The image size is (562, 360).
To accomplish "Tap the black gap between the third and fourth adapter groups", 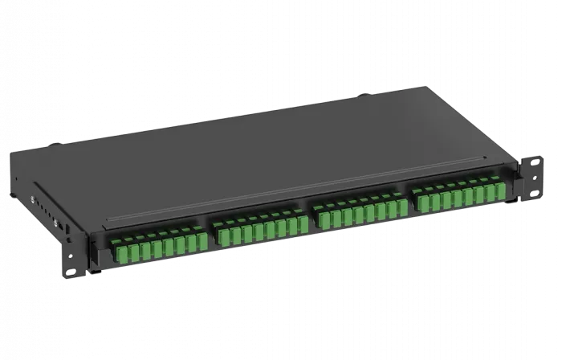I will click(x=413, y=206).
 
